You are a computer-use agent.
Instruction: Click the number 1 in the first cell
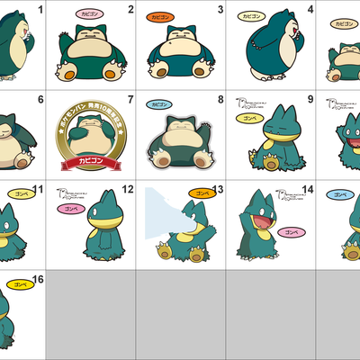tap(40, 10)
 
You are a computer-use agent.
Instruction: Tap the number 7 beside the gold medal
tap(130, 100)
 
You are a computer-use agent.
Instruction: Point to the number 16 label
tap(37, 280)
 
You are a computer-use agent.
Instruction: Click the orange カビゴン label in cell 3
tap(159, 16)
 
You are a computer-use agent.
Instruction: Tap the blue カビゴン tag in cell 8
tap(158, 106)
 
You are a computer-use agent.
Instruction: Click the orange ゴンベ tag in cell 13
tap(200, 192)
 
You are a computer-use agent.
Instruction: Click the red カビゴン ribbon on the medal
tap(89, 165)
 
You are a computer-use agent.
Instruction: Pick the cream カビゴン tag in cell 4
tap(249, 16)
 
